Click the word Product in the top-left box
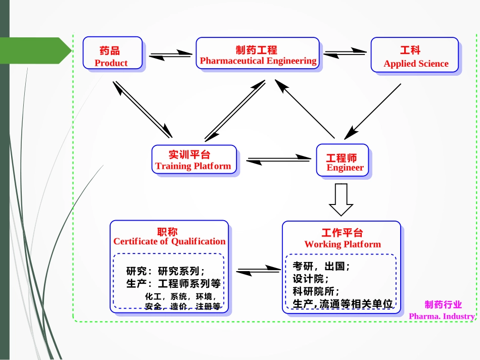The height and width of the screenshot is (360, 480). (111, 63)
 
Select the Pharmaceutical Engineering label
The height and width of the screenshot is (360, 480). (258, 61)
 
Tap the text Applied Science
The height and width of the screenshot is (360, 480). (416, 64)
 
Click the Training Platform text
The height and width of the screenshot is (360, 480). (193, 166)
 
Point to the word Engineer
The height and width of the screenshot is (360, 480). (345, 168)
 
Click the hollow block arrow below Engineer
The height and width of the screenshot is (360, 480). (341, 200)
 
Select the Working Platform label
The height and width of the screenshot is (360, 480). (343, 244)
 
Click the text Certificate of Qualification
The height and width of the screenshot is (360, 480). (169, 241)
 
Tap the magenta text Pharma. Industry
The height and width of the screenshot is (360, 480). (442, 316)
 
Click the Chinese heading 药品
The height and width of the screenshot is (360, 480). (110, 51)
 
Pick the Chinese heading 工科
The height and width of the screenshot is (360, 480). (410, 50)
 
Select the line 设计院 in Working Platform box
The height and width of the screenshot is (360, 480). (310, 279)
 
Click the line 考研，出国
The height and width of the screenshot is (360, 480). (321, 266)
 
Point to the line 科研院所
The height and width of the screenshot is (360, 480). (316, 291)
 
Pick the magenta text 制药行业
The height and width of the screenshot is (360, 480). (443, 304)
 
